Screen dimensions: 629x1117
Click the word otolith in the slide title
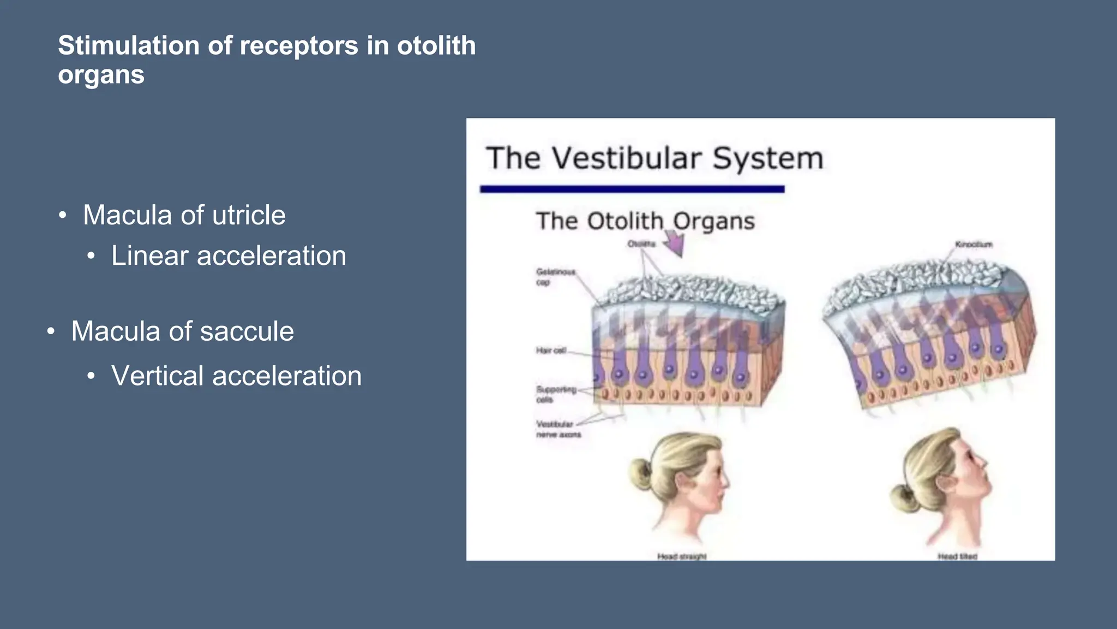point(436,45)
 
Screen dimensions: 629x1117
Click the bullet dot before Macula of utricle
point(63,216)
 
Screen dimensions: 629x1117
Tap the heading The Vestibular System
point(654,158)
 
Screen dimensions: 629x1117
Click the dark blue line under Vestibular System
point(632,189)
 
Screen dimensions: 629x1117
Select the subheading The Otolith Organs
point(645,221)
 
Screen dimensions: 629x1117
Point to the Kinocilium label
point(974,245)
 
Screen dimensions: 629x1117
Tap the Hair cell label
point(551,351)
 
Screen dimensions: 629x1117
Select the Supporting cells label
point(555,394)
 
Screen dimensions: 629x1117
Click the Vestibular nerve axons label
point(557,429)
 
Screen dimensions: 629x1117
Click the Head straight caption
point(681,556)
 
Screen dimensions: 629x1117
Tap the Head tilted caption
point(957,556)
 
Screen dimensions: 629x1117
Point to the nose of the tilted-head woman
point(982,461)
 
